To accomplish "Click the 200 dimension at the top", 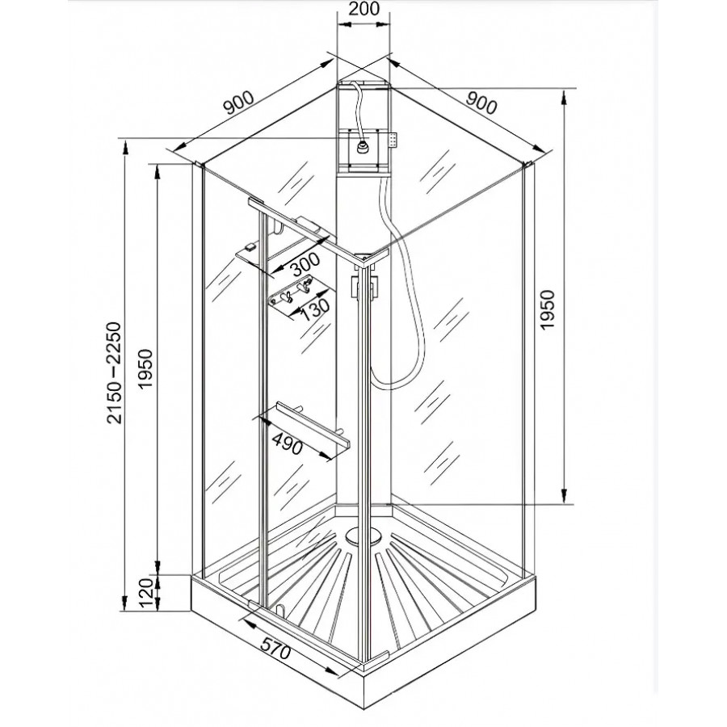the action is pos(363,8).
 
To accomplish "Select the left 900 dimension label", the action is pos(239,103).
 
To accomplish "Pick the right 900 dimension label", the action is pos(481,103).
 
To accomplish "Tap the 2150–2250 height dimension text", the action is pos(114,372).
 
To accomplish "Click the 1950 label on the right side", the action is pos(548,309).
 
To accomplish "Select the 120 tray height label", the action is pos(145,593).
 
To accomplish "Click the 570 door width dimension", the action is pos(275,648).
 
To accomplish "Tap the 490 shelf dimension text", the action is pos(287,443).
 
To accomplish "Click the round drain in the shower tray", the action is pos(359,536).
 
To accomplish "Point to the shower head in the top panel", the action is pos(362,147).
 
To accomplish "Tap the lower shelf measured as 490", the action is pos(304,427).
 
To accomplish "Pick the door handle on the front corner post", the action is pos(365,288).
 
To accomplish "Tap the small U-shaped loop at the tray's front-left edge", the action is pos(279,609).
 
